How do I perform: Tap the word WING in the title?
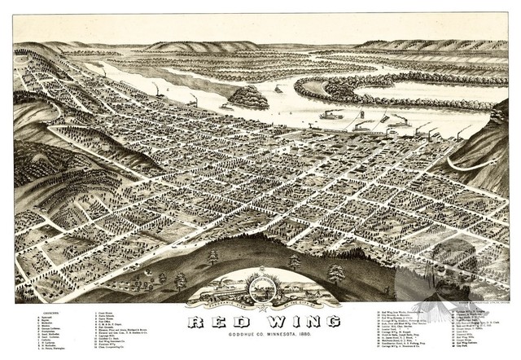pyautogui.click(x=292, y=323)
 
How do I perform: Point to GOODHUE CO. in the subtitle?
pyautogui.click(x=225, y=334)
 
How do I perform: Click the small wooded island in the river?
pyautogui.click(x=248, y=98)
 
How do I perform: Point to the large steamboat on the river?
pyautogui.click(x=331, y=115)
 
